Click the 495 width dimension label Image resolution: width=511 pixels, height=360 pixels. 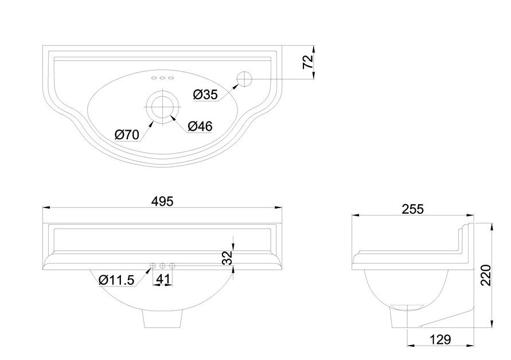pyautogui.click(x=162, y=201)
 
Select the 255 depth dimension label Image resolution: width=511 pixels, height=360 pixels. pyautogui.click(x=412, y=209)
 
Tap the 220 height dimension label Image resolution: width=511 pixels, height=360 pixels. pyautogui.click(x=486, y=275)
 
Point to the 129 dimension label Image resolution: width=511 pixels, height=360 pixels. pyautogui.click(x=440, y=339)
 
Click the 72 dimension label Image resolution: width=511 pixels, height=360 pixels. pyautogui.click(x=308, y=62)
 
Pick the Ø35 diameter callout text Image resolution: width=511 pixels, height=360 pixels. pyautogui.click(x=205, y=95)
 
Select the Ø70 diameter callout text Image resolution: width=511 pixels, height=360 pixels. pyautogui.click(x=127, y=135)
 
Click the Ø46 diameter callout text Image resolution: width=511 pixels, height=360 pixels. pyautogui.click(x=200, y=126)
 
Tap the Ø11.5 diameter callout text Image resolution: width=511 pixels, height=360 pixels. pyautogui.click(x=116, y=280)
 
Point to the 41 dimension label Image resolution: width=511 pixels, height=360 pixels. pyautogui.click(x=163, y=279)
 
